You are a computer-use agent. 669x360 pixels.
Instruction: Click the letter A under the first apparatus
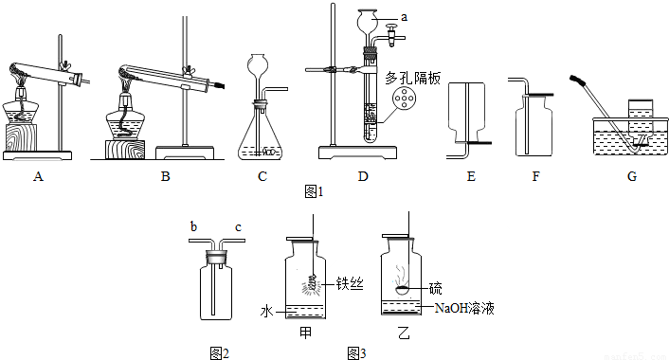click(x=39, y=175)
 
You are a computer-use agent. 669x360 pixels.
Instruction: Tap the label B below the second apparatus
click(x=166, y=175)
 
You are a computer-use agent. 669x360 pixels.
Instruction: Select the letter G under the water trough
click(x=632, y=175)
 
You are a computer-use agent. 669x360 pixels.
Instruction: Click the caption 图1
click(x=314, y=191)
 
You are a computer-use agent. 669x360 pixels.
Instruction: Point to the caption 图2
click(x=220, y=353)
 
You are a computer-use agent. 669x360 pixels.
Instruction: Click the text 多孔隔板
click(x=412, y=78)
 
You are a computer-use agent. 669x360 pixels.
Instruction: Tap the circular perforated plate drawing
click(x=404, y=99)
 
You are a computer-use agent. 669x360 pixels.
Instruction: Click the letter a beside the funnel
click(x=404, y=17)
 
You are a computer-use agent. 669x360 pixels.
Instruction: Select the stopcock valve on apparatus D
click(x=391, y=36)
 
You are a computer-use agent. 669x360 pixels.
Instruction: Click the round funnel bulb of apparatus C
click(x=258, y=64)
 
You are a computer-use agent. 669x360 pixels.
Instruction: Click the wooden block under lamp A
click(x=21, y=137)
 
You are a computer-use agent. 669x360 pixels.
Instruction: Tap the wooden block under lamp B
click(x=124, y=150)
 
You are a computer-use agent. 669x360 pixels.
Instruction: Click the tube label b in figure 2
click(x=193, y=226)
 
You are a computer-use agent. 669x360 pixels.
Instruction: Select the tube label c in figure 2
click(x=238, y=227)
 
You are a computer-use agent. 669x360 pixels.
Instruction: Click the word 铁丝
click(x=350, y=283)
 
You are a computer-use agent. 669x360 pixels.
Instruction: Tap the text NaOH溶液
click(x=464, y=308)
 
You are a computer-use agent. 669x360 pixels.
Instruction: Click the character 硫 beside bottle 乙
click(x=436, y=289)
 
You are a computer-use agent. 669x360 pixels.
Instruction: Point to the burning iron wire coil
click(x=314, y=282)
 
